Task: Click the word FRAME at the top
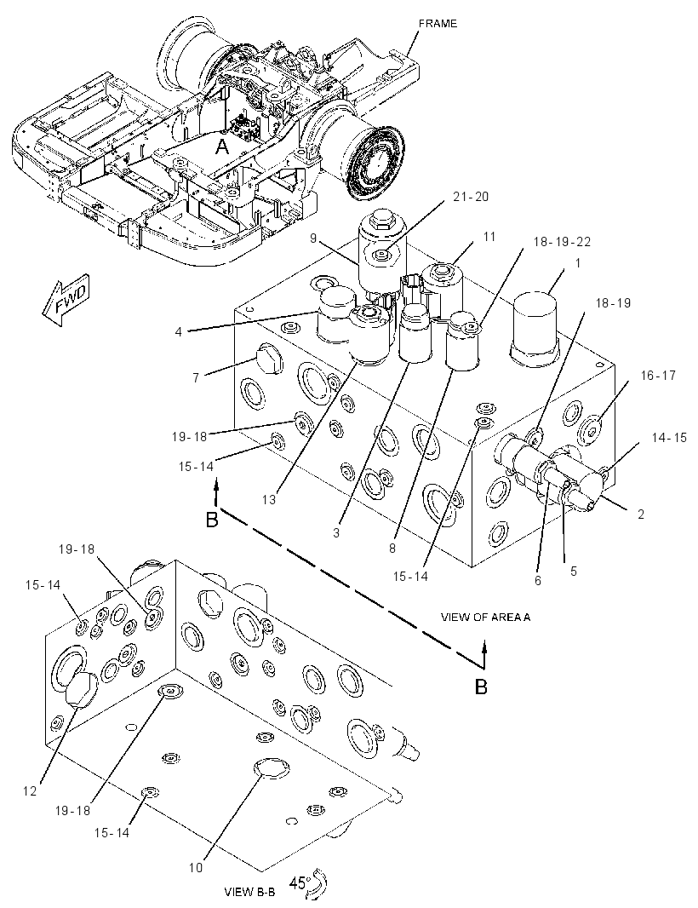[438, 24]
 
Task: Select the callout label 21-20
[470, 197]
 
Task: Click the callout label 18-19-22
[562, 241]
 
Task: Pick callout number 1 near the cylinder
[576, 263]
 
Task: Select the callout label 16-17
[657, 376]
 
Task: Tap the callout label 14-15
[668, 438]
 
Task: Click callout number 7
[196, 378]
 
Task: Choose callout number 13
[268, 499]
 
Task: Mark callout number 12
[30, 791]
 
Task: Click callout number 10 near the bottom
[196, 867]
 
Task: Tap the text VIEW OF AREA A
[485, 618]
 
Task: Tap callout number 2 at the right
[641, 514]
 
